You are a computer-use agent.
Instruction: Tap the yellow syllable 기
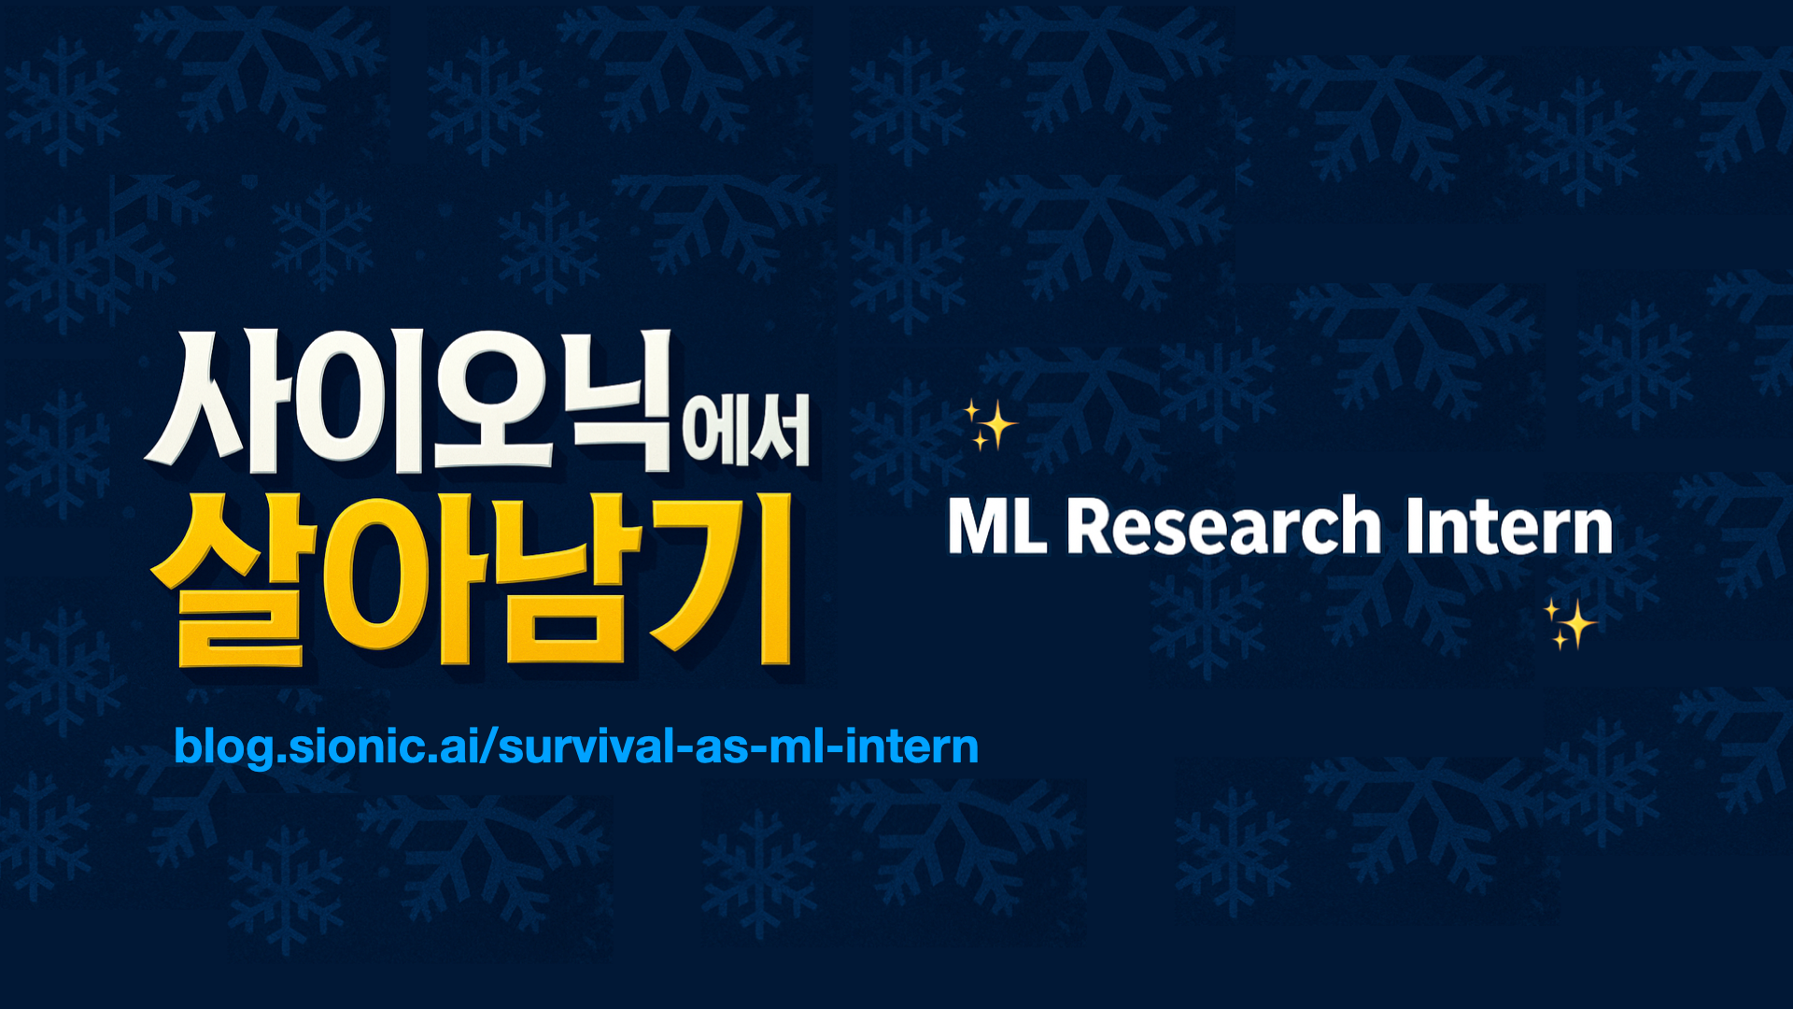[x=723, y=579]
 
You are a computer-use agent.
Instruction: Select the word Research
[x=1224, y=526]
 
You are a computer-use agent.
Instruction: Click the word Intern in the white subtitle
[x=1509, y=526]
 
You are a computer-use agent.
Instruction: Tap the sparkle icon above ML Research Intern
[x=989, y=425]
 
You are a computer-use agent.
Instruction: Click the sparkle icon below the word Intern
[x=1570, y=624]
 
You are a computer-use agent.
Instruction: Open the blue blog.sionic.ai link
[x=576, y=746]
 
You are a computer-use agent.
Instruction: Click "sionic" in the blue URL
[x=350, y=746]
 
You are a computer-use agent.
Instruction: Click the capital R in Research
[x=1091, y=526]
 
